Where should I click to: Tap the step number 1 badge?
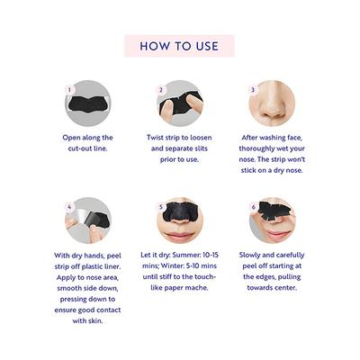(x=68, y=90)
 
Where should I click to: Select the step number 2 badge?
(x=161, y=90)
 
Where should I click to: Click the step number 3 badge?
(x=253, y=90)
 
